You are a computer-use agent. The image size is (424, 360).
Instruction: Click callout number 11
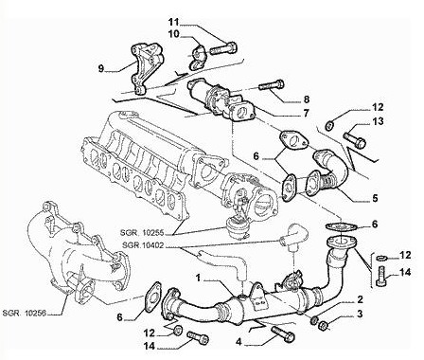pos(173,22)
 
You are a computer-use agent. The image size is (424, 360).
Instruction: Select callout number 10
pos(173,34)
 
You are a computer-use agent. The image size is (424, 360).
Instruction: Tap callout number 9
pos(101,68)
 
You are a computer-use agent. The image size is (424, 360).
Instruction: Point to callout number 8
pos(306,99)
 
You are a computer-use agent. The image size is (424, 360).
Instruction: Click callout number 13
pos(379,121)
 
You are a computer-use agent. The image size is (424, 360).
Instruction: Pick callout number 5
pos(375,199)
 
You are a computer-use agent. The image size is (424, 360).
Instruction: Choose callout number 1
pos(198,278)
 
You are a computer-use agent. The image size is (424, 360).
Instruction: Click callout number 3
pos(360,314)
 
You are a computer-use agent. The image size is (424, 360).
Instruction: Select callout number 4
pos(239,341)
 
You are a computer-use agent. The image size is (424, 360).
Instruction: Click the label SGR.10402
pos(144,244)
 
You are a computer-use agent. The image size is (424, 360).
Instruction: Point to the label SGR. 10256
pos(25,313)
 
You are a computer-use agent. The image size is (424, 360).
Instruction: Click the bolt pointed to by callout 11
pos(223,49)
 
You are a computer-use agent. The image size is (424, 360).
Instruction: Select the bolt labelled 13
pos(355,140)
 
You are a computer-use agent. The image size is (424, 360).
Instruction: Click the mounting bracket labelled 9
pos(146,69)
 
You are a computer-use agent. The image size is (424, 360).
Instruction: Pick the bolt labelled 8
pos(272,85)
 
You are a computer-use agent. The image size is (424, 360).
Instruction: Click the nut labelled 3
pos(324,325)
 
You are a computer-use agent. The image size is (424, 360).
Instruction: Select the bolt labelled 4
pos(283,334)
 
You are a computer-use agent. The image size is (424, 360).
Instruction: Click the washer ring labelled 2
pos(314,320)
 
